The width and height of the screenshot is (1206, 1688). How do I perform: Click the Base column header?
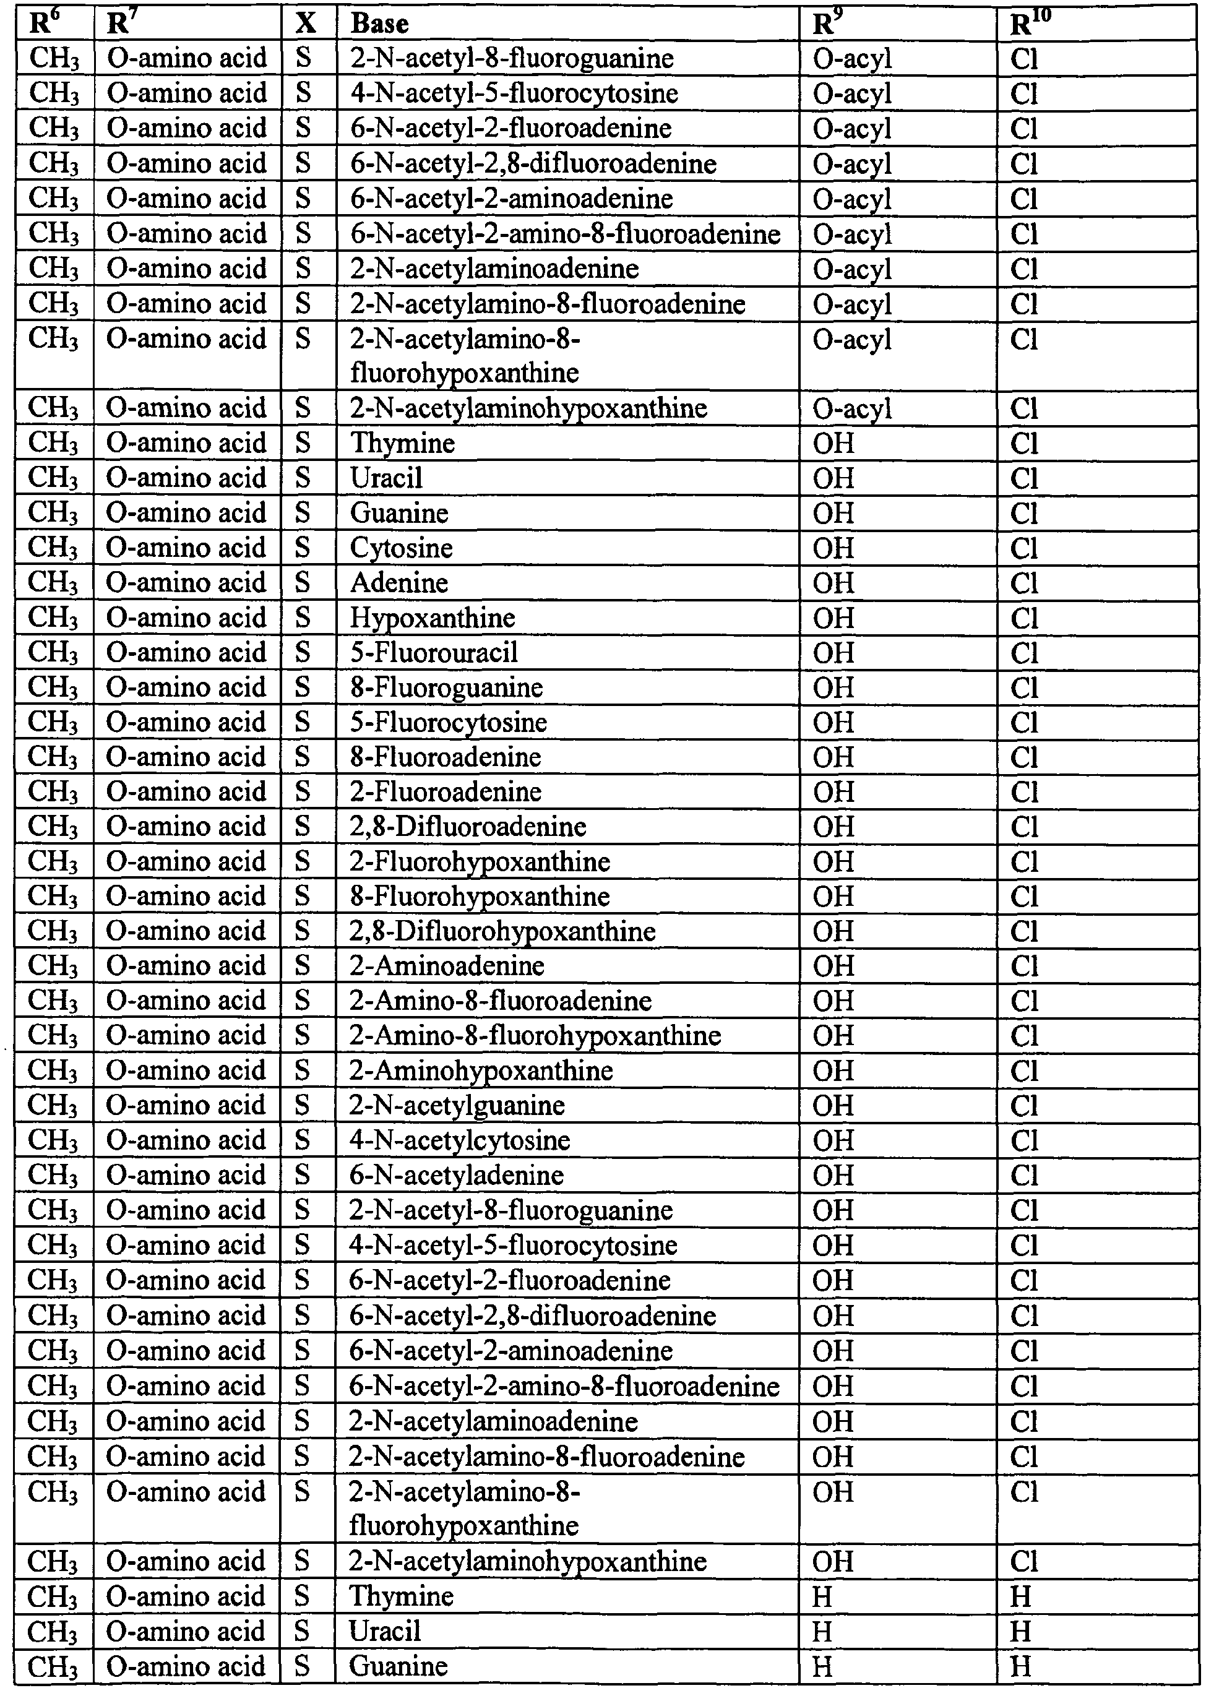[x=379, y=24]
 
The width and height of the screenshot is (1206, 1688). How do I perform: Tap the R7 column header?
[x=119, y=24]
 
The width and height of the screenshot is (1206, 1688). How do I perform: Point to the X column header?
[x=305, y=24]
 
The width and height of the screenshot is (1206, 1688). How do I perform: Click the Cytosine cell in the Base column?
[x=401, y=548]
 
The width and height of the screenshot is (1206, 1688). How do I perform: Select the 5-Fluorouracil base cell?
[x=434, y=653]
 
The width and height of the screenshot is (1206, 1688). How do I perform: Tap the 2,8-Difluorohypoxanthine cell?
[x=502, y=931]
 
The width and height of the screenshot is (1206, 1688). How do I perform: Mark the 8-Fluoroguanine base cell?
[x=446, y=687]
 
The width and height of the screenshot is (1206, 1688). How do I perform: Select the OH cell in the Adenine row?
[x=833, y=583]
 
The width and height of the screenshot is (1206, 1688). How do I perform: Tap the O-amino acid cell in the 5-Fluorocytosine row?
[x=186, y=722]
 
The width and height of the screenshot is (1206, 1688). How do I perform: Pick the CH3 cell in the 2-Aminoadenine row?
[x=53, y=965]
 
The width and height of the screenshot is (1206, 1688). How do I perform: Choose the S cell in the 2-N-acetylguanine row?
[x=301, y=1105]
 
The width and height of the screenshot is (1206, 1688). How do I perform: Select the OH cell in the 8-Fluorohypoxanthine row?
[x=833, y=897]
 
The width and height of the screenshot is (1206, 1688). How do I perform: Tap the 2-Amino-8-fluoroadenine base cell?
[x=501, y=1001]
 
